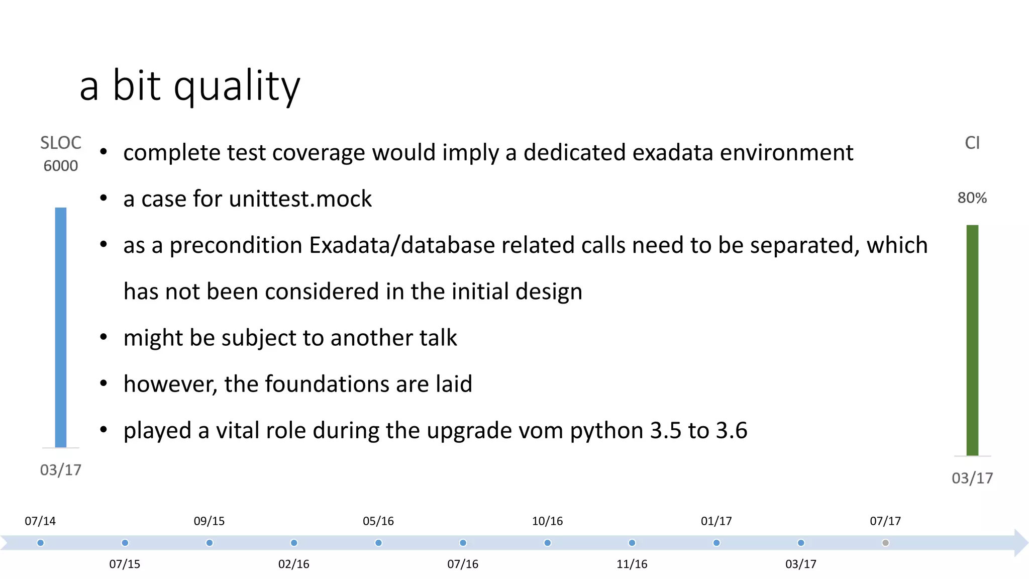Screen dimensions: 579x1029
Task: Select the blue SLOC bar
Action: (x=61, y=327)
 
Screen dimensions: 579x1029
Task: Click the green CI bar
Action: (x=972, y=340)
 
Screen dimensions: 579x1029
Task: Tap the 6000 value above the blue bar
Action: (x=61, y=166)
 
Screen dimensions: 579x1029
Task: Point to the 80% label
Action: (x=972, y=198)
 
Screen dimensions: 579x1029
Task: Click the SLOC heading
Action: (x=61, y=143)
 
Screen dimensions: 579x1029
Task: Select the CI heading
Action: (x=972, y=143)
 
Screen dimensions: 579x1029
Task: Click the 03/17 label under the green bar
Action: (x=972, y=478)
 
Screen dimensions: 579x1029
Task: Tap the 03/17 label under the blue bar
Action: (x=61, y=470)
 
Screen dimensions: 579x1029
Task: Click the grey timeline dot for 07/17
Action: (x=885, y=543)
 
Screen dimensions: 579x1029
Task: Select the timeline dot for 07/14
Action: (x=41, y=543)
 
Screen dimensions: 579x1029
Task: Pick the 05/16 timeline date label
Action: (x=378, y=521)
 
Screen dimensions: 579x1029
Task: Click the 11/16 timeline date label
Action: (x=632, y=564)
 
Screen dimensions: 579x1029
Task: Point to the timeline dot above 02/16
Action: (x=294, y=543)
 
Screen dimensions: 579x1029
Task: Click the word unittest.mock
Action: (x=300, y=199)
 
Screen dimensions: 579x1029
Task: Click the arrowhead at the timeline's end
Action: (x=1021, y=543)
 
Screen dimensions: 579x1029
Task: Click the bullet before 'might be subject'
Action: (x=104, y=337)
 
